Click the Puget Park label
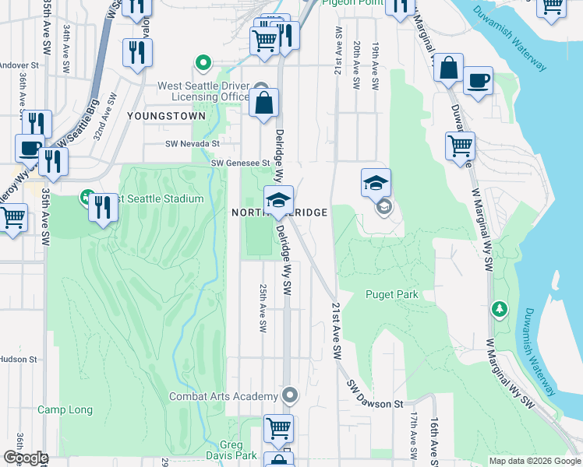click(392, 295)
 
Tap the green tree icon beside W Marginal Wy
click(499, 310)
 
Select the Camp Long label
click(65, 410)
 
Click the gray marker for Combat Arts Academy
click(290, 396)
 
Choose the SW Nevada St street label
click(193, 144)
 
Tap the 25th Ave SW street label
click(262, 300)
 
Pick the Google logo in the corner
click(25, 458)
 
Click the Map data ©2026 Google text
click(534, 461)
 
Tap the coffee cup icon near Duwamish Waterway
click(478, 80)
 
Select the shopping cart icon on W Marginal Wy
click(461, 145)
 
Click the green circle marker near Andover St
click(203, 62)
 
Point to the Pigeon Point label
click(350, 3)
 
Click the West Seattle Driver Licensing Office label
click(203, 91)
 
